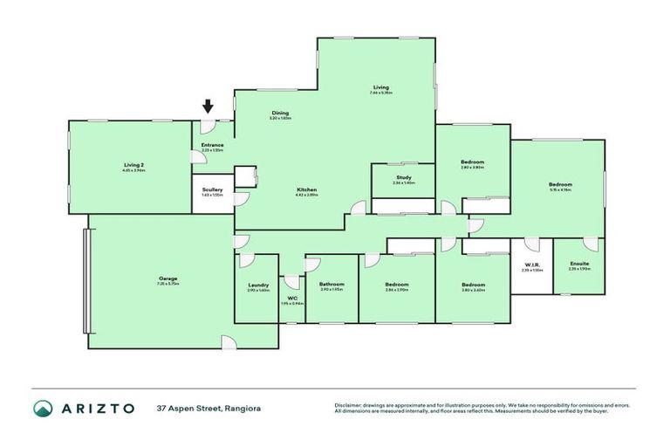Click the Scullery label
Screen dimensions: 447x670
[212, 189]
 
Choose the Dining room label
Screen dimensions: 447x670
[280, 113]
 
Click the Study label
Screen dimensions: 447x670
[403, 177]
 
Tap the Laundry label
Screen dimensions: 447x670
[257, 285]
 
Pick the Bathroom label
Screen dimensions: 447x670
[332, 285]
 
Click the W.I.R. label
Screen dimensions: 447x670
[531, 265]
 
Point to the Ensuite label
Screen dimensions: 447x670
[579, 264]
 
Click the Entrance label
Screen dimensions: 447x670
[212, 145]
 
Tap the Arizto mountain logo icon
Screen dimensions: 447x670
[44, 409]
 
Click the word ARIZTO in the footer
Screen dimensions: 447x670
[99, 409]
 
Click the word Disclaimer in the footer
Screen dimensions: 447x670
[349, 405]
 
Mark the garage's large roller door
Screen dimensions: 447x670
[85, 280]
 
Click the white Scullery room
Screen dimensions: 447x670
[212, 198]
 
